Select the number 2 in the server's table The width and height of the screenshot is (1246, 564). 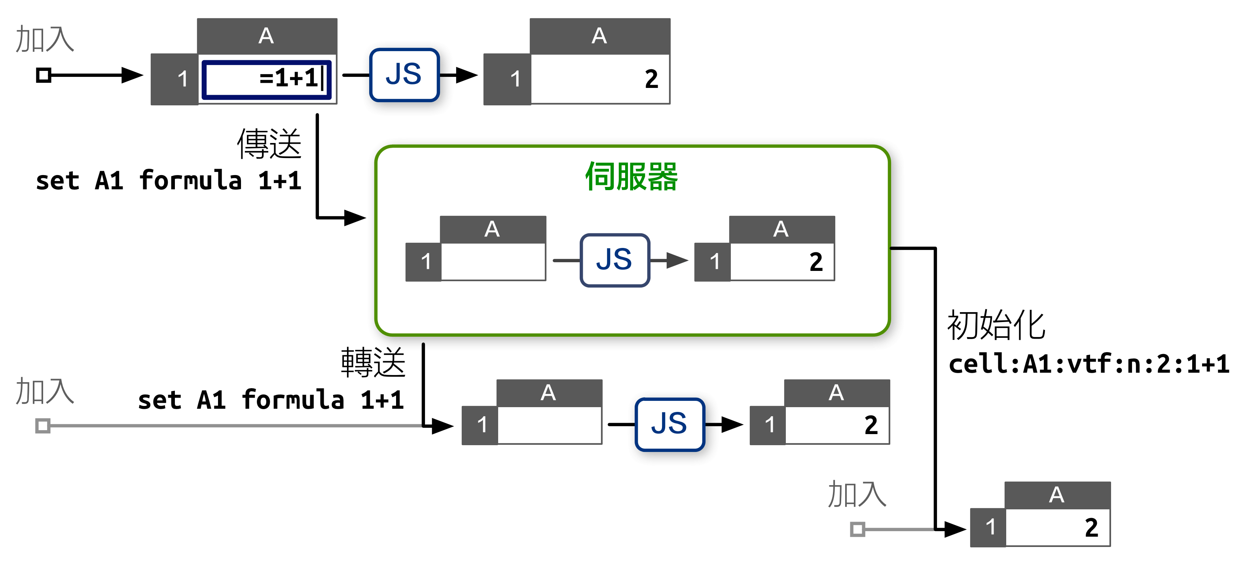pos(815,262)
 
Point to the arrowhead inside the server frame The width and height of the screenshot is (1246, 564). pos(677,261)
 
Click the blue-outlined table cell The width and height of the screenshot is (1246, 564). pos(267,80)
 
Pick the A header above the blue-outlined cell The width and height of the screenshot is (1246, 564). pos(267,36)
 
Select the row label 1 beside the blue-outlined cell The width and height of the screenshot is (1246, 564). pos(182,79)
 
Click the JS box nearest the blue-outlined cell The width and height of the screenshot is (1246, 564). pos(404,75)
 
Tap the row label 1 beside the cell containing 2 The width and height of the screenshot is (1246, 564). pos(714,262)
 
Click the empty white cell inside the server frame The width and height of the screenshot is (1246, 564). pos(493,262)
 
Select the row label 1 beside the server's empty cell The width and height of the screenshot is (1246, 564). pos(425,262)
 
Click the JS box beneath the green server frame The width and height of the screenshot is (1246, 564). pos(669,424)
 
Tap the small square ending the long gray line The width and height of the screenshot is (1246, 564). pos(43,426)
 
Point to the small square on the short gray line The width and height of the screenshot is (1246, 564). pos(857,529)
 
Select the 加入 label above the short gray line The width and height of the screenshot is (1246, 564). pos(857,494)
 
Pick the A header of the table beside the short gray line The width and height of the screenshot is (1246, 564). pos(1057,495)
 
